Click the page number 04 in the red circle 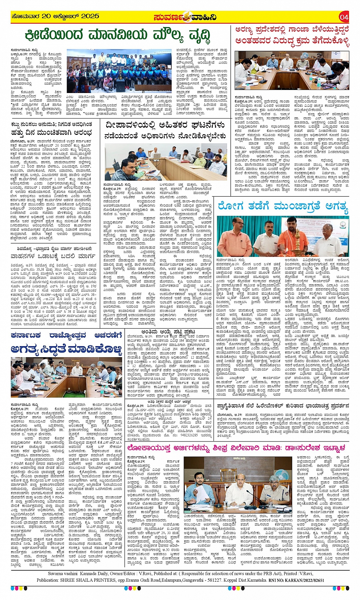pos(344,17)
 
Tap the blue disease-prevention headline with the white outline pos(282,207)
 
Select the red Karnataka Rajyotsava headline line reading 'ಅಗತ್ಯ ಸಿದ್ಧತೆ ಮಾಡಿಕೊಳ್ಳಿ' pos(66,348)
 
